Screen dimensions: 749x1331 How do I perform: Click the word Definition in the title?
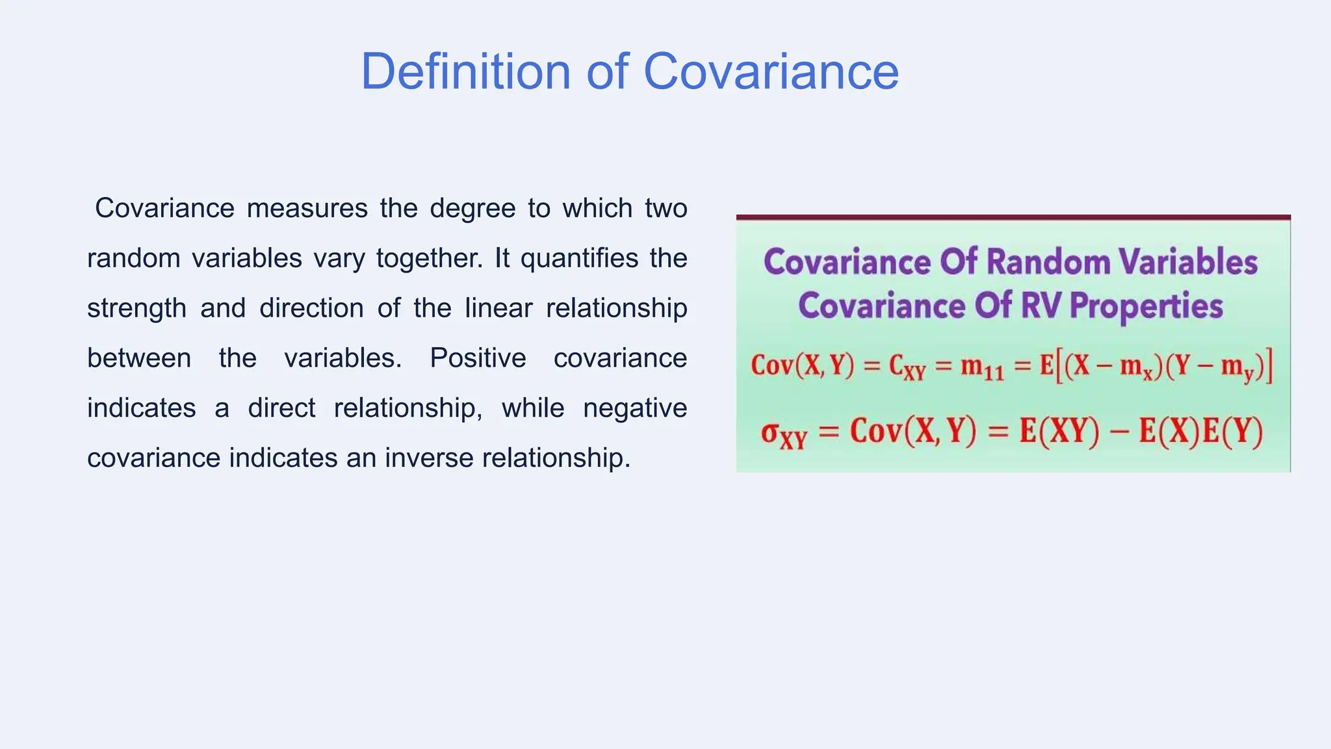(x=465, y=72)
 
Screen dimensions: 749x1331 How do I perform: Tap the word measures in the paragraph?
(x=307, y=209)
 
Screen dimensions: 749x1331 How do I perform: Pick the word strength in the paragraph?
(x=136, y=309)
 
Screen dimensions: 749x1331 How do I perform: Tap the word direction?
(x=311, y=309)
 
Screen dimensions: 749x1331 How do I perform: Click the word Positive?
(x=478, y=359)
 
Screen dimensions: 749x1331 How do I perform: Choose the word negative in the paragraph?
(x=635, y=409)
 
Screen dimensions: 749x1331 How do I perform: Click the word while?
(x=532, y=409)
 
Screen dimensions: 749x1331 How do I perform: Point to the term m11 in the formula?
(x=981, y=368)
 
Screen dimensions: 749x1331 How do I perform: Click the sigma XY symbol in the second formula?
(x=783, y=434)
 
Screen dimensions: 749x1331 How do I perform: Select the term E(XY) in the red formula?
(x=1059, y=432)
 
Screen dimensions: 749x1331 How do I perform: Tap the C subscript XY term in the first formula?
(x=906, y=368)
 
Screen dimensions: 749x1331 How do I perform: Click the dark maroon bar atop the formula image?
(x=1013, y=217)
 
